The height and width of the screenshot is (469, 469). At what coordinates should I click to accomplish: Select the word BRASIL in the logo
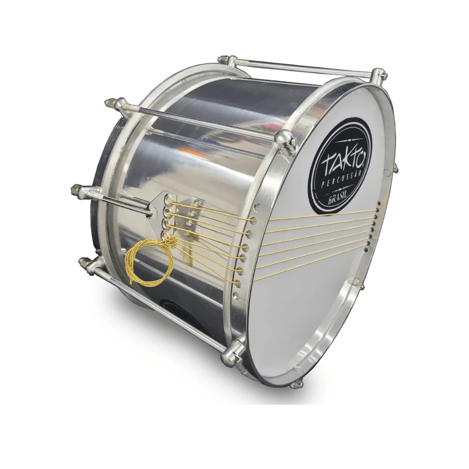click(338, 199)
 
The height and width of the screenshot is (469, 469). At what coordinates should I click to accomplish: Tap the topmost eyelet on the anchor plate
click(168, 198)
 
